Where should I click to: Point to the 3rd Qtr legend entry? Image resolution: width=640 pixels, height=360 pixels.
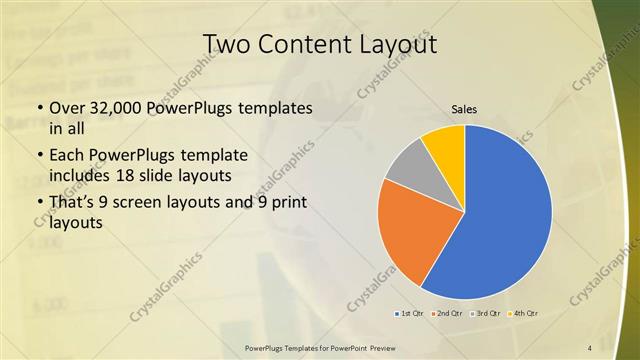point(486,314)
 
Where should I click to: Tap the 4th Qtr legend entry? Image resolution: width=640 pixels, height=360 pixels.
point(524,314)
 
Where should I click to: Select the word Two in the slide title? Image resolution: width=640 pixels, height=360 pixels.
point(228,44)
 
